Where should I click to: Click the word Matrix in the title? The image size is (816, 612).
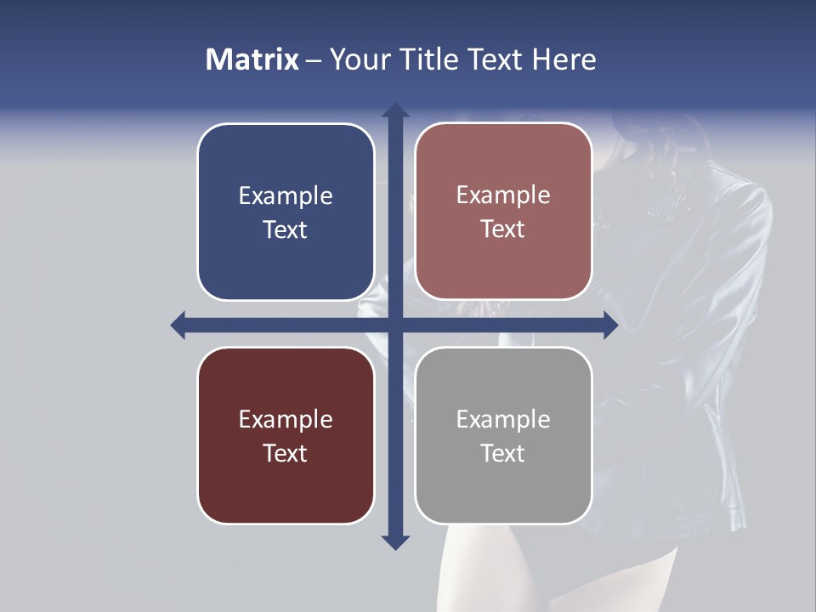click(x=252, y=59)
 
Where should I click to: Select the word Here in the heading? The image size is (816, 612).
click(x=564, y=59)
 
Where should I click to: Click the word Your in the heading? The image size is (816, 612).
click(x=359, y=59)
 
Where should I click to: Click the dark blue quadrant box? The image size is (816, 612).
click(x=286, y=263)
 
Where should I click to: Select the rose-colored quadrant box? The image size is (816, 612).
click(x=503, y=263)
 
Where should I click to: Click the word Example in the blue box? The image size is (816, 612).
click(x=286, y=196)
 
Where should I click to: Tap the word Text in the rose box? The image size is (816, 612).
click(x=503, y=229)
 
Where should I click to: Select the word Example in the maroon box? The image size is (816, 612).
click(x=286, y=419)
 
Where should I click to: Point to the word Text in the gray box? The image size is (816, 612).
click(x=503, y=453)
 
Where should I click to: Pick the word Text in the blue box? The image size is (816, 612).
click(x=286, y=229)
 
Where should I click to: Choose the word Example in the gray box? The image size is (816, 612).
click(x=503, y=419)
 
